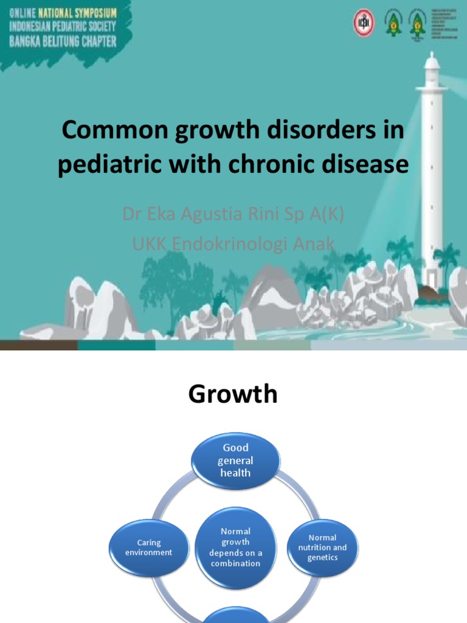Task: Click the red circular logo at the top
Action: tap(363, 23)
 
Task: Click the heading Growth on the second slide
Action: tap(233, 394)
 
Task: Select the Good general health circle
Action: tap(235, 461)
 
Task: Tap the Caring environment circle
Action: tap(148, 548)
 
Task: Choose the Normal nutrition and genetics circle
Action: tap(322, 548)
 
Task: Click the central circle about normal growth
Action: tap(235, 547)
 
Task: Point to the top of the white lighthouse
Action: tap(432, 61)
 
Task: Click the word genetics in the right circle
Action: tap(322, 558)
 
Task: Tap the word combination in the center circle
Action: tap(235, 563)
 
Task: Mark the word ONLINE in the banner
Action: tap(22, 12)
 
